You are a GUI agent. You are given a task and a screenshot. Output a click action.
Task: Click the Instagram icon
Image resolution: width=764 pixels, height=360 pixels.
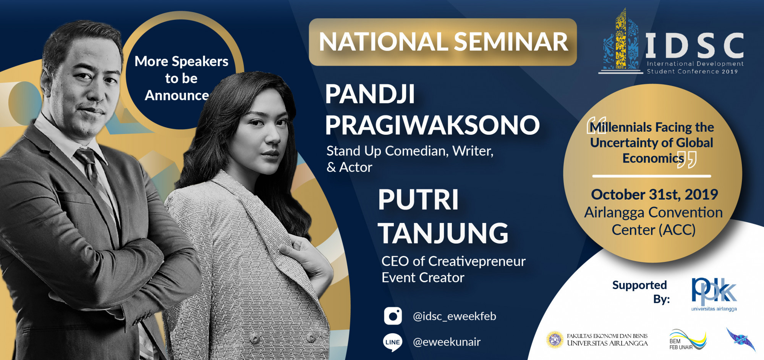point(393,316)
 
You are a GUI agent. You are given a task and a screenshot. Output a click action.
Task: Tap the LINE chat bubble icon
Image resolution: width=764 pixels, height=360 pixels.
point(392,342)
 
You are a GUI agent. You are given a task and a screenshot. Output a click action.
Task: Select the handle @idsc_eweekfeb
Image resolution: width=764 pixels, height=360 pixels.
point(455,316)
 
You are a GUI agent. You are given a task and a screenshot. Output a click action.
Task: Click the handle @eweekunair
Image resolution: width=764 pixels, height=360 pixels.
point(447,342)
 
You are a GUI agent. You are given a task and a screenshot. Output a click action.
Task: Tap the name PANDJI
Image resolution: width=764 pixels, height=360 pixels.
point(370,94)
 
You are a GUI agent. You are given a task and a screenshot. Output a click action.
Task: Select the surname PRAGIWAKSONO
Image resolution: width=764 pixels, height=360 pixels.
point(432,125)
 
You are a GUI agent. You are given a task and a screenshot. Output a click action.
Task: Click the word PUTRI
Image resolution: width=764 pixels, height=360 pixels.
point(418,200)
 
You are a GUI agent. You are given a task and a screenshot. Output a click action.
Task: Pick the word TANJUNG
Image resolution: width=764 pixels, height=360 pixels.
point(443,233)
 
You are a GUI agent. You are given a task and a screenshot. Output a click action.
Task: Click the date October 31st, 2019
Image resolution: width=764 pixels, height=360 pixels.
point(654,195)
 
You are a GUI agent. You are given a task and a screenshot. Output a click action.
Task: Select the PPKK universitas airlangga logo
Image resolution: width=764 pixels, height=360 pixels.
point(714,294)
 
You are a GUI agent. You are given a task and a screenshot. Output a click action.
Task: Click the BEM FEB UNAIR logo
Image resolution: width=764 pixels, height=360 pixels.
point(688,340)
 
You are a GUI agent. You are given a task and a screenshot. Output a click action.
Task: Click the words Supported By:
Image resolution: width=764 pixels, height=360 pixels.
point(640,292)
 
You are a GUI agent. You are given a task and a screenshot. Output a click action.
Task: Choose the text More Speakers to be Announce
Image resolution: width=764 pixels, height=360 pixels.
point(181,78)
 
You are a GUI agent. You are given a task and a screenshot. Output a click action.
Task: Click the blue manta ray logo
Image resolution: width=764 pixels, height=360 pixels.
point(741,339)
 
